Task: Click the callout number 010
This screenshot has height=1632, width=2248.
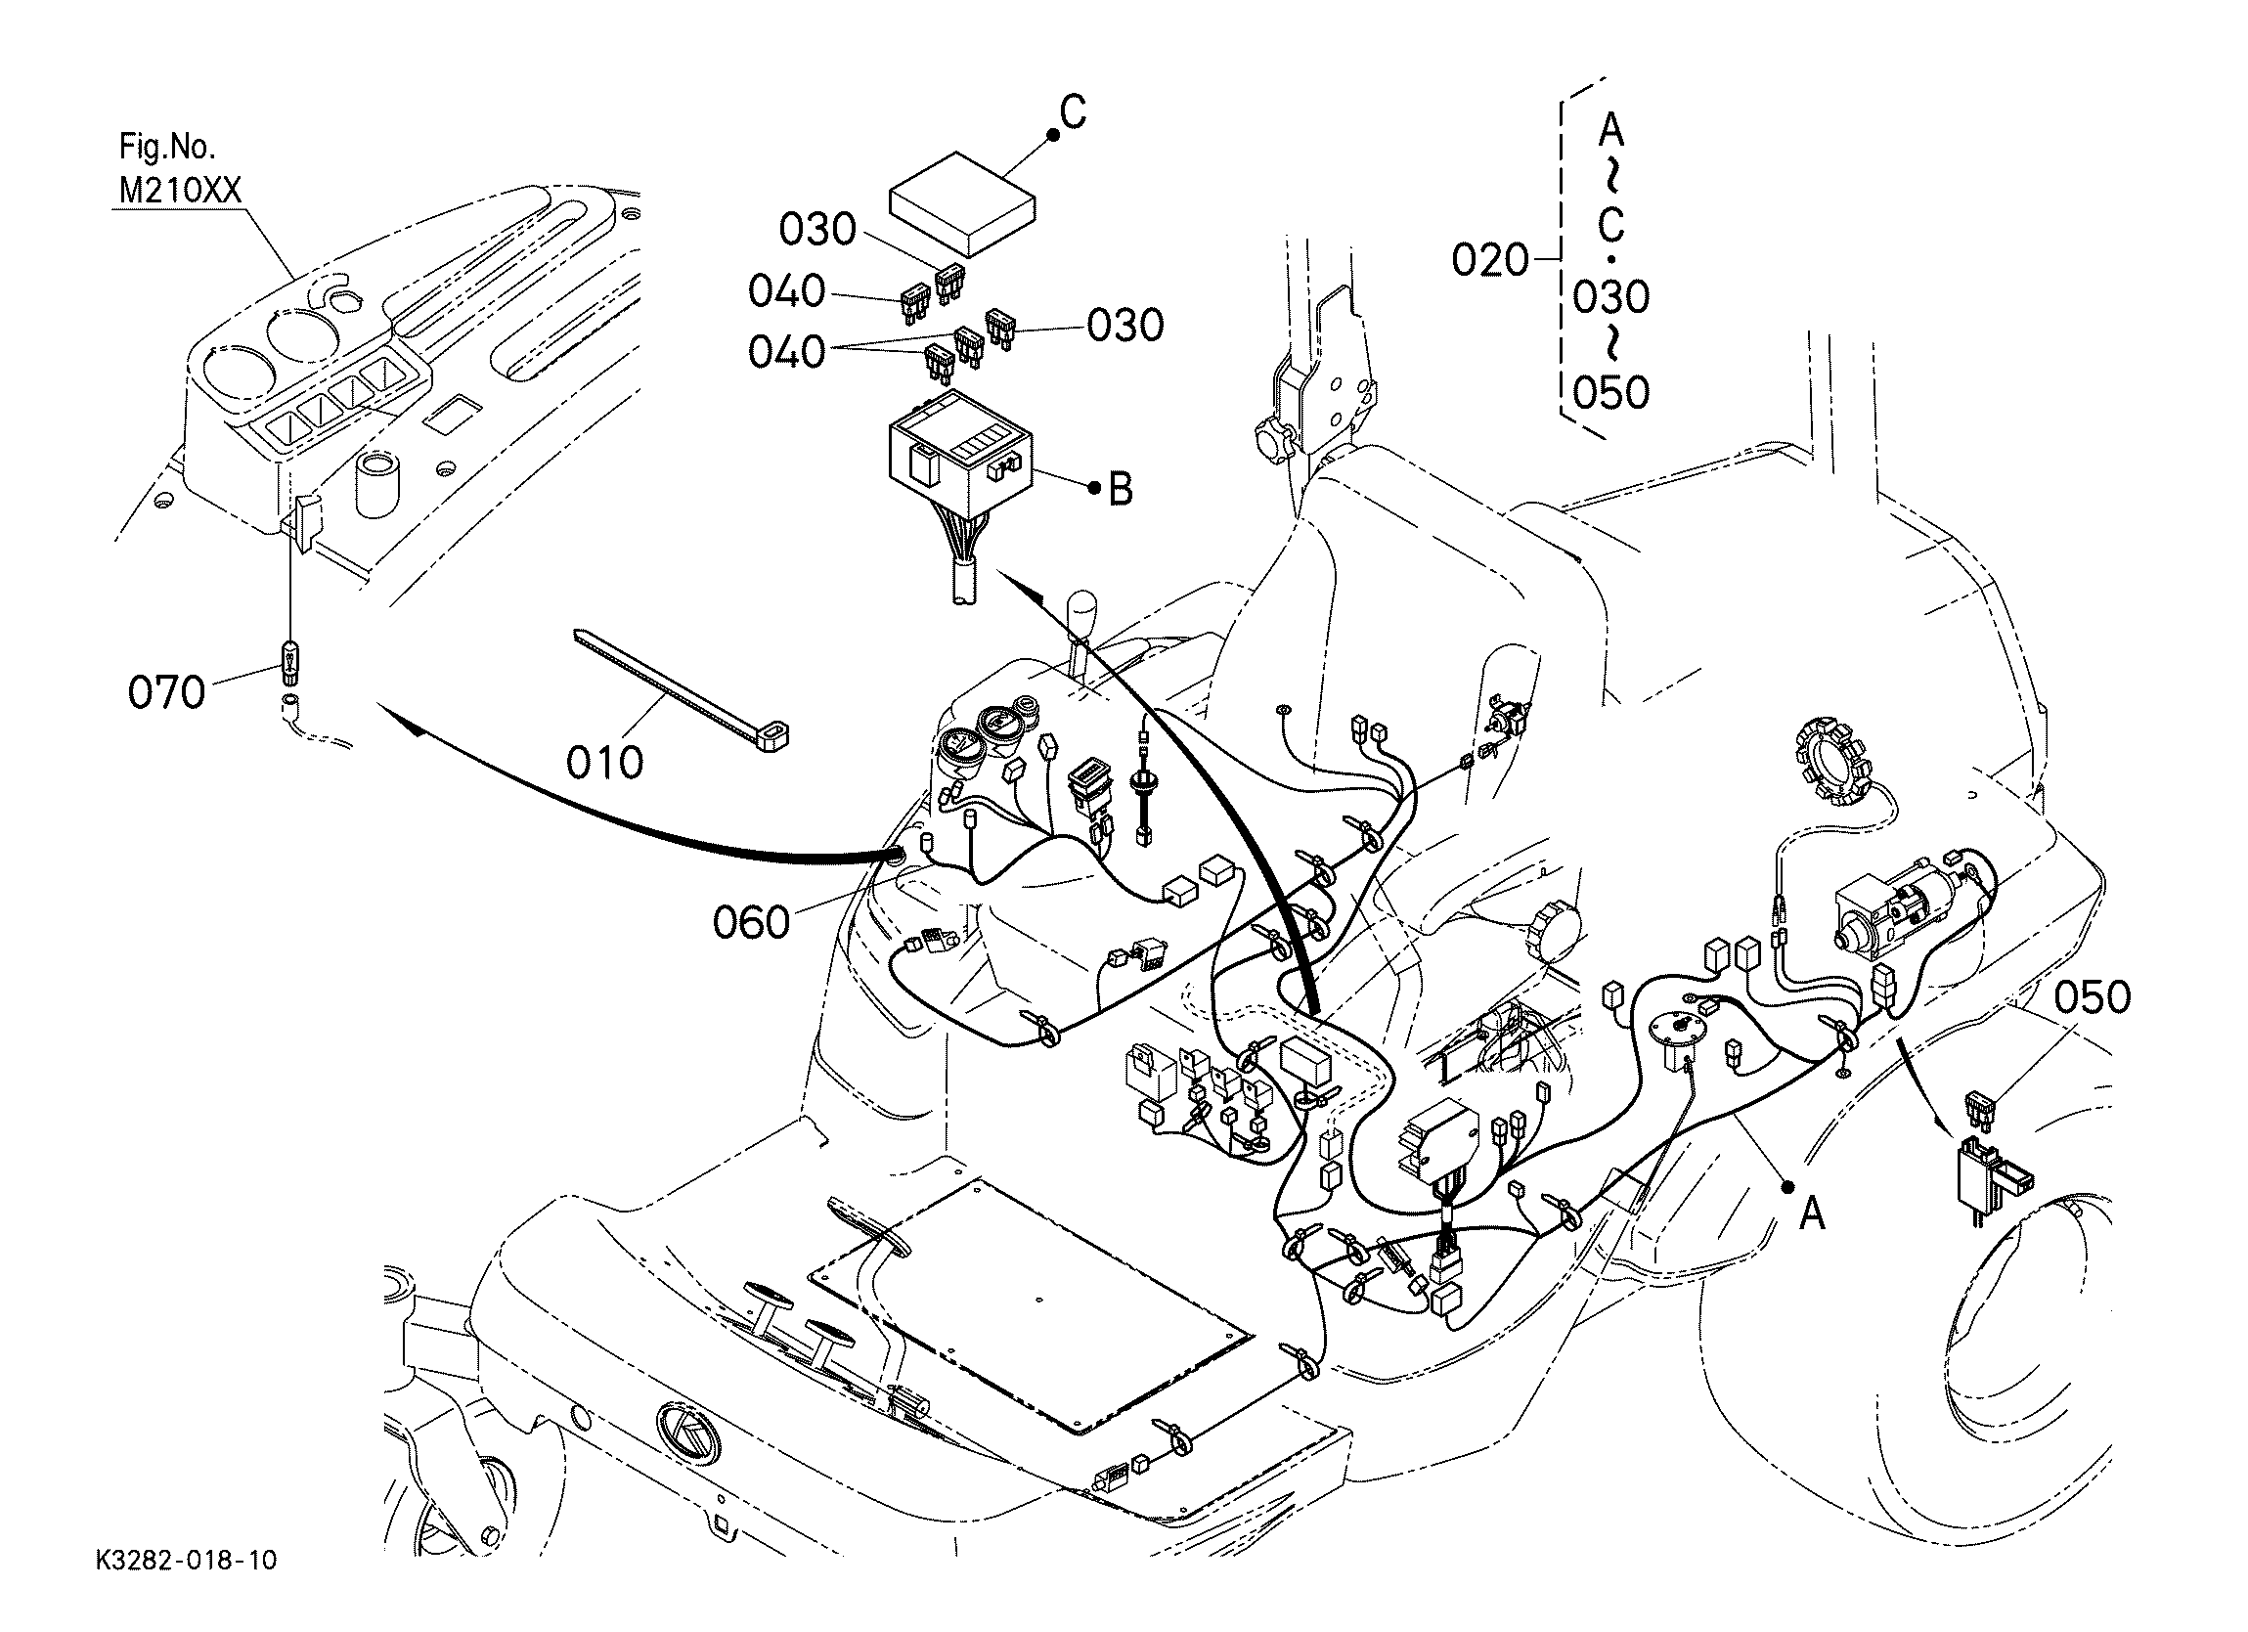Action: (x=604, y=763)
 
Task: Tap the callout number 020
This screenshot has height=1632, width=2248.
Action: (x=1491, y=261)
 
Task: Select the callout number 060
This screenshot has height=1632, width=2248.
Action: (x=751, y=923)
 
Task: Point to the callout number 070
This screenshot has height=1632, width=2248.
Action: (x=166, y=692)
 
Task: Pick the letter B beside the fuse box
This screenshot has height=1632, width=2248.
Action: (x=1120, y=488)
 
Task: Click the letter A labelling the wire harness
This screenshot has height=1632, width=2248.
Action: (x=1812, y=1212)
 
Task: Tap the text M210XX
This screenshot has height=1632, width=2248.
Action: (x=180, y=190)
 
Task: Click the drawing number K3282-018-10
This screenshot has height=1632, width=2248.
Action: (x=187, y=1561)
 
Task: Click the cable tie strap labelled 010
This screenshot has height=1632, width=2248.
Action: (x=683, y=688)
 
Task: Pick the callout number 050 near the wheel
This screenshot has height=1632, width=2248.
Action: (x=2093, y=998)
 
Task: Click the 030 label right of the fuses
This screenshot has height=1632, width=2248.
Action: (x=1125, y=327)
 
